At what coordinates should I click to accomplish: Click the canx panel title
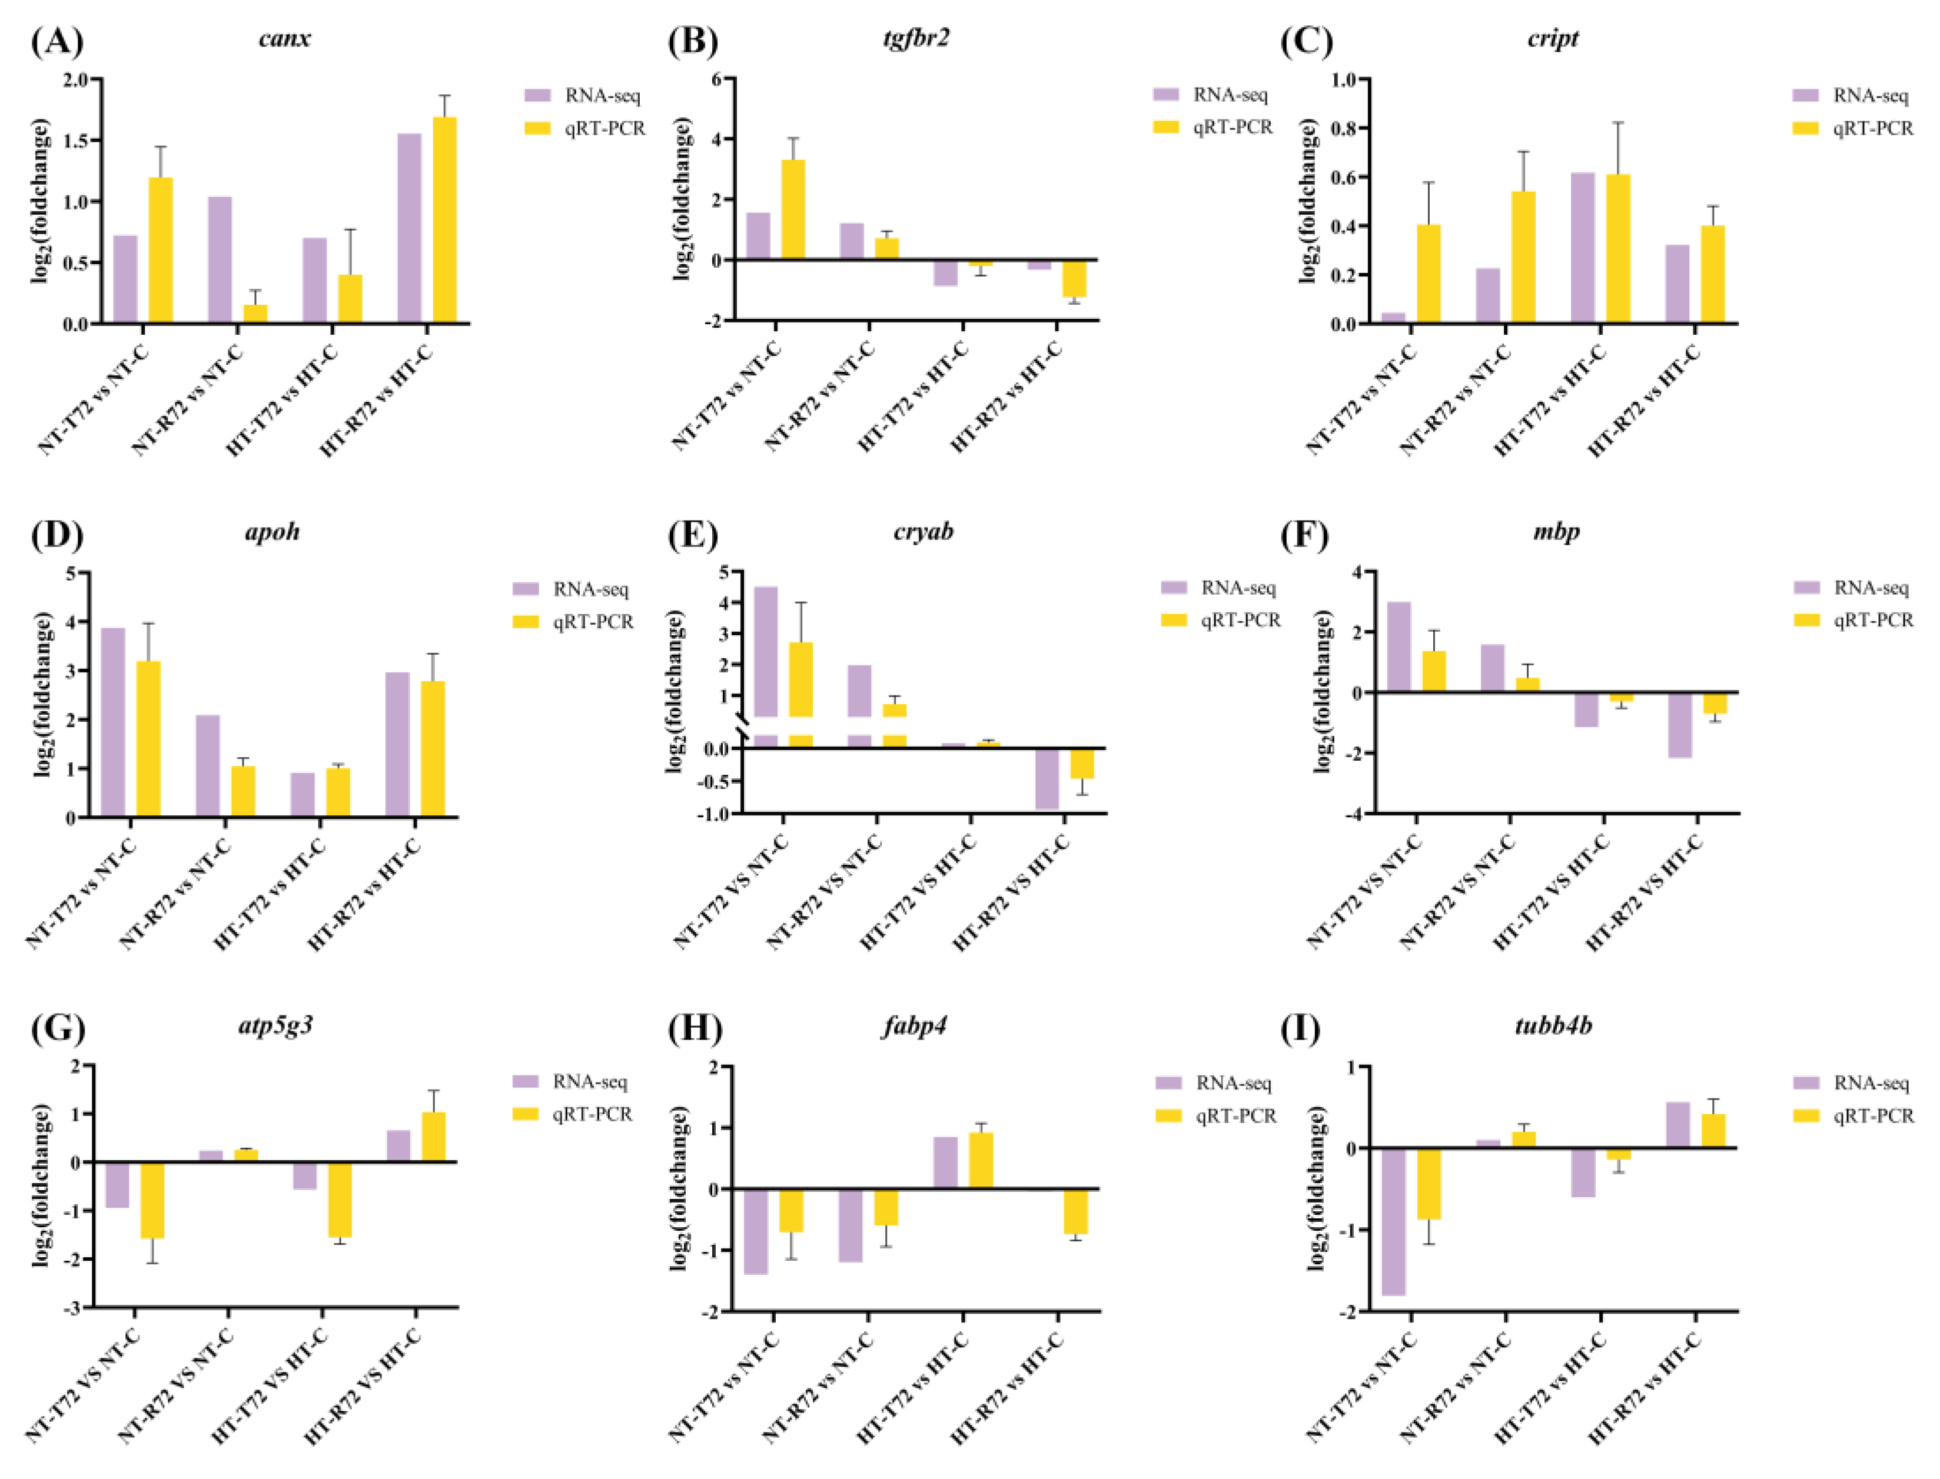click(284, 39)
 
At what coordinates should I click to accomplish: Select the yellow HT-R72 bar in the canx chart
click(445, 220)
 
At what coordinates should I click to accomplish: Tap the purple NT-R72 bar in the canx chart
click(220, 259)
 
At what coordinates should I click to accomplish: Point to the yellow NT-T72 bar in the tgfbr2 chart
click(793, 209)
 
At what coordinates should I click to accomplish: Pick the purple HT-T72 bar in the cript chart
click(1583, 248)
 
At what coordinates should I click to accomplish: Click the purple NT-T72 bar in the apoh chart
click(113, 722)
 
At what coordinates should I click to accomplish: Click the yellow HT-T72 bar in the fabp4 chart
click(981, 1160)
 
